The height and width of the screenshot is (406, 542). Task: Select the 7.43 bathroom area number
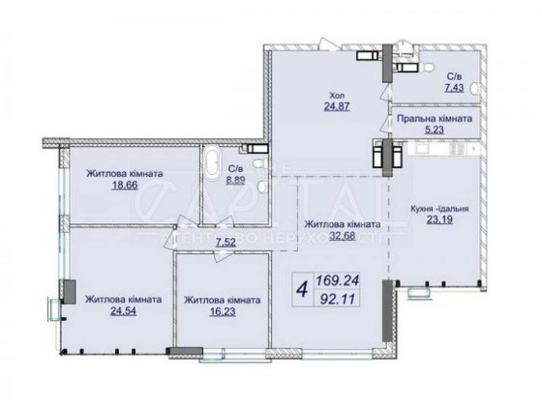[x=454, y=87]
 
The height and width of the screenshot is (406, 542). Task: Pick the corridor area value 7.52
[x=227, y=243]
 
